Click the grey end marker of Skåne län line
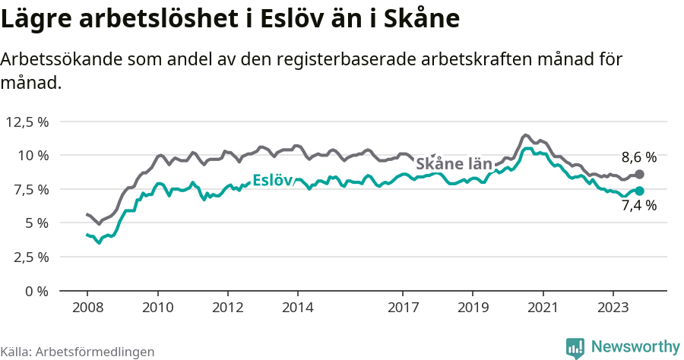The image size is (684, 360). pos(639,174)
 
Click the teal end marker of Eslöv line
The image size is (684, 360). pos(639,191)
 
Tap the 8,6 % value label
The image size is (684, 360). pos(638,158)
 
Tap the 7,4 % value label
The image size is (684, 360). pos(638,205)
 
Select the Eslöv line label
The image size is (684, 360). pos(272,180)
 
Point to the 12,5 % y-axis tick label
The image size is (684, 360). pos(28,122)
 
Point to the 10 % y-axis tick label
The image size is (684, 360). pos(33,155)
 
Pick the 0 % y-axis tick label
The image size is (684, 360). pos(37,291)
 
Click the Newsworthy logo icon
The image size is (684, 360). pos(575,347)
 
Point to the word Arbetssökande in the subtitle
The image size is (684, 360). pos(58,60)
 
